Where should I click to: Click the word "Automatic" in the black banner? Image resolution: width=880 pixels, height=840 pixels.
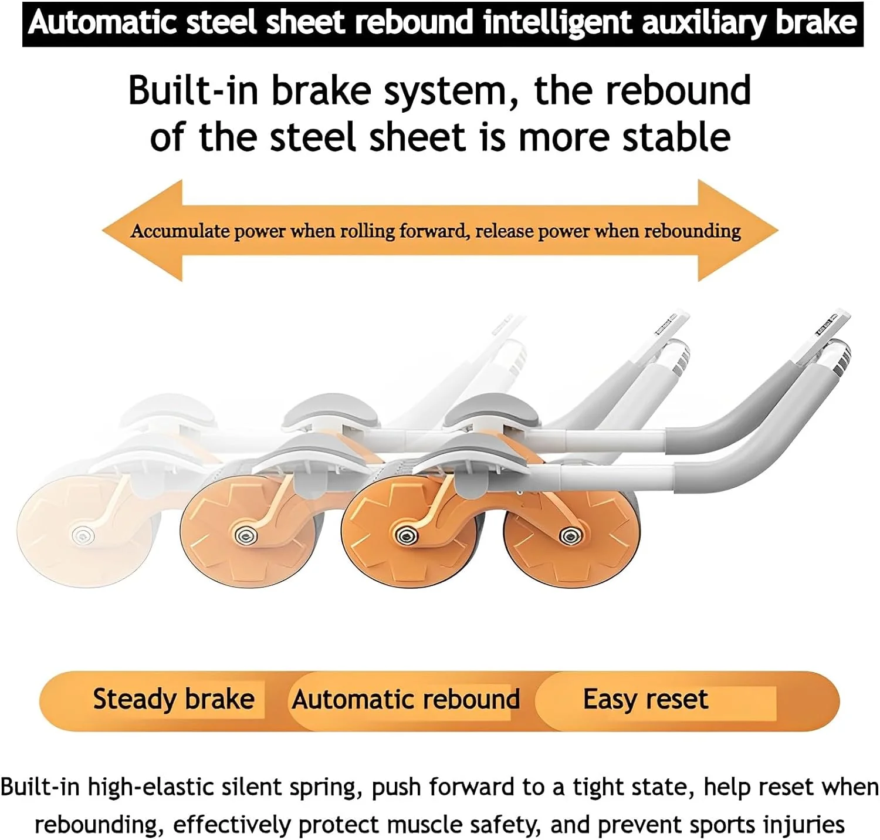click(x=101, y=23)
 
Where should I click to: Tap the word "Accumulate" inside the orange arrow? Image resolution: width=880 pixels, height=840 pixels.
click(x=180, y=231)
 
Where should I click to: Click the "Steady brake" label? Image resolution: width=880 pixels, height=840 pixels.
click(x=174, y=700)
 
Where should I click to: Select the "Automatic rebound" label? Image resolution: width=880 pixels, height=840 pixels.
click(x=406, y=700)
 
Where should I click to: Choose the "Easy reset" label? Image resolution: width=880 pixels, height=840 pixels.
click(x=645, y=700)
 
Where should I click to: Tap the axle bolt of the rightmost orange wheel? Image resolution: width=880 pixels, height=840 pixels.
click(x=568, y=535)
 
